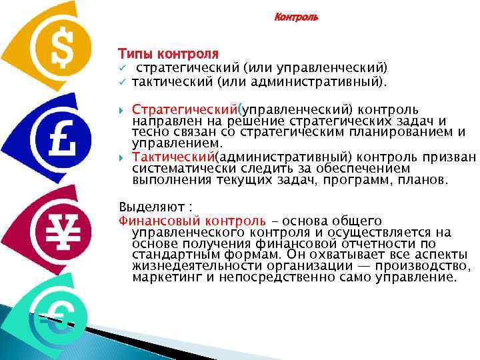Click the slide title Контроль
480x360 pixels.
(297, 17)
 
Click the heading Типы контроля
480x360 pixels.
(168, 52)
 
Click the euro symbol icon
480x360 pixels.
(57, 318)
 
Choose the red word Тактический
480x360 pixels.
(171, 157)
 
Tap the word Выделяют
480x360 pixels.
(146, 205)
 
